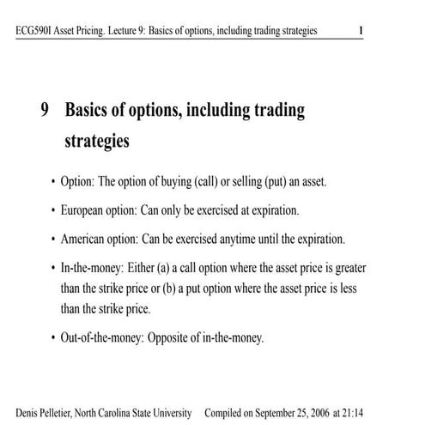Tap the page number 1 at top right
(361, 32)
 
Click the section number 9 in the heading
(44, 111)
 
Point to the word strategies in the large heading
(97, 141)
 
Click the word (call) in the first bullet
(206, 183)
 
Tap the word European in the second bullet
(86, 210)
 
